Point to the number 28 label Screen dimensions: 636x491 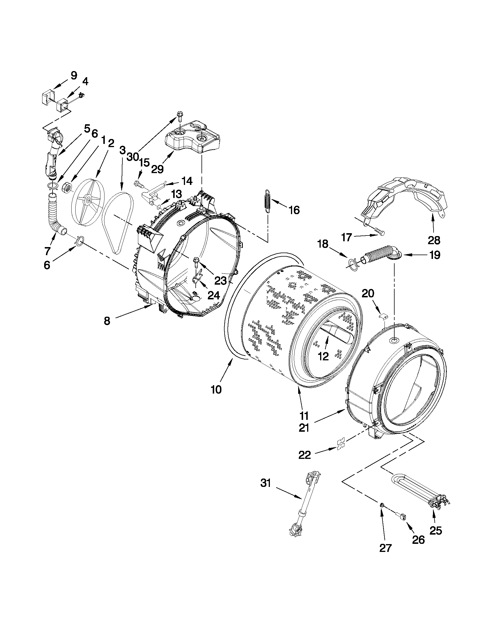click(434, 240)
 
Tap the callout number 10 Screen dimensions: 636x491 click(216, 389)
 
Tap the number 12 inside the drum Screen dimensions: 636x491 click(323, 356)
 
